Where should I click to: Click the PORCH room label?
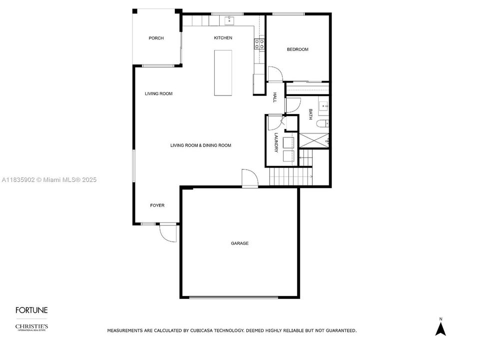(x=156, y=38)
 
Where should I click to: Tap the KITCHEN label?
(x=223, y=37)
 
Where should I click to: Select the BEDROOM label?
(x=298, y=49)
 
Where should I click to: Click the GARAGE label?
(x=240, y=243)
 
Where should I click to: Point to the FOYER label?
(x=157, y=205)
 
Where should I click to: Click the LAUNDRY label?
(x=276, y=142)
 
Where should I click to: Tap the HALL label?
(x=275, y=97)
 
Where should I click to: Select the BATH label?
(x=310, y=114)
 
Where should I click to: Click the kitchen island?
(x=223, y=73)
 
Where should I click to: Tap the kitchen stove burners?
(x=260, y=44)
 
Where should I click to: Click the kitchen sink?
(x=229, y=20)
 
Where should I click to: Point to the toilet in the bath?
(x=323, y=124)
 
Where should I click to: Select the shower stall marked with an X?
(x=314, y=140)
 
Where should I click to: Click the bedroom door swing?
(x=275, y=74)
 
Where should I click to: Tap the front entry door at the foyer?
(x=168, y=233)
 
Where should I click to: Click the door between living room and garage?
(x=250, y=177)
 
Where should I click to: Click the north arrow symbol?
(x=441, y=328)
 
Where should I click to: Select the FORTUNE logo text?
(x=32, y=310)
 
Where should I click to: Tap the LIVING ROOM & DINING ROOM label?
(x=201, y=145)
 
